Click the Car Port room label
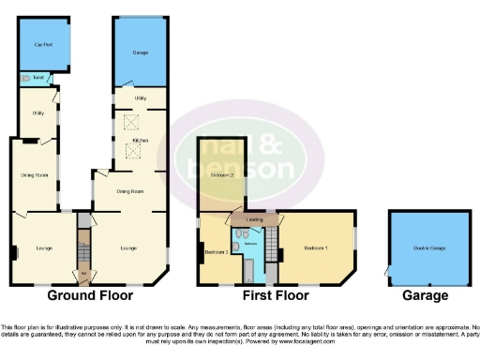coord(42,45)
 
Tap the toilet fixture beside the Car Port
coord(25,78)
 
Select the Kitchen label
coord(140,141)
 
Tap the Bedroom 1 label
coord(316,247)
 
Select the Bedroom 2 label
coord(221,175)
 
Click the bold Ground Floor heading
coord(92,294)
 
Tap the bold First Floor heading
coord(276,294)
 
